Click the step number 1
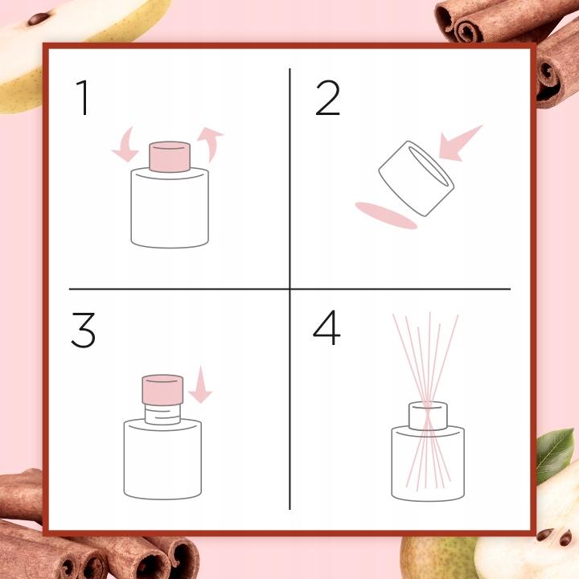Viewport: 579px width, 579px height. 83,98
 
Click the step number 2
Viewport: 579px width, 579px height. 327,98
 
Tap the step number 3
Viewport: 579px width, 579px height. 83,330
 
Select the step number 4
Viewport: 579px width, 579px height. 326,327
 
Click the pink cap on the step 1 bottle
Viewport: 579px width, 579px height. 170,157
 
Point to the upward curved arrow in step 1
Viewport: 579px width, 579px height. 211,143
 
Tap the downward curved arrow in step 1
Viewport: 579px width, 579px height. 126,145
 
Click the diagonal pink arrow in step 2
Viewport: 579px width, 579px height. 460,143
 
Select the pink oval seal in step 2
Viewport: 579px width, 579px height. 386,216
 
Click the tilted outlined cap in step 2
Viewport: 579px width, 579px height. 417,179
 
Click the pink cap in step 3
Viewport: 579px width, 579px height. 162,389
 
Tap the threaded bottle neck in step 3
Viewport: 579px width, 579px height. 162,414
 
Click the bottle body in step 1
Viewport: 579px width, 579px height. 170,207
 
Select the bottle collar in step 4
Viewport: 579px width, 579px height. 428,417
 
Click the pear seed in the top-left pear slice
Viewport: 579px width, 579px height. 39,18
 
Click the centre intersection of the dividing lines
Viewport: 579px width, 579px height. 289,289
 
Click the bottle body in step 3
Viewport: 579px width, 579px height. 162,459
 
